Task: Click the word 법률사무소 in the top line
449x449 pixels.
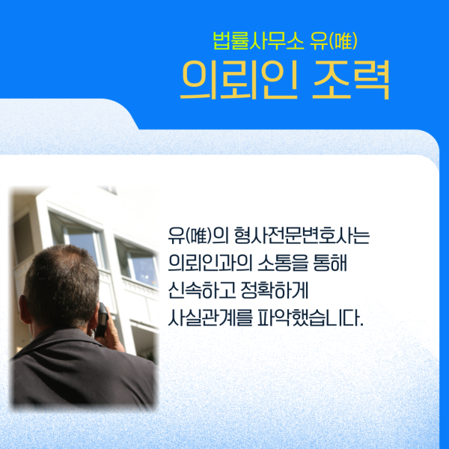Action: [258, 41]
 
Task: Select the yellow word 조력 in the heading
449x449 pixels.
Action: [351, 80]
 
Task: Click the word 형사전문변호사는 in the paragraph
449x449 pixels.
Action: [302, 236]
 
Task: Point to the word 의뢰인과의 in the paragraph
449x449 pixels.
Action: [210, 263]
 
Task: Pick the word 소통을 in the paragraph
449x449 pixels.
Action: [283, 263]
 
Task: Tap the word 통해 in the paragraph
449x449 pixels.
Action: [330, 263]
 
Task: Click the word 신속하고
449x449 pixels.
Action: [202, 290]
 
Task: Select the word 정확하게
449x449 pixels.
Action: [275, 290]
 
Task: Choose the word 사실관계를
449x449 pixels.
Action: [210, 318]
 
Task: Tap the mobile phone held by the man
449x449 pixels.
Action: [103, 320]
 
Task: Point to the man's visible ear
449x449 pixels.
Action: [25, 309]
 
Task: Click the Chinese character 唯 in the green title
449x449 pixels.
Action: [343, 41]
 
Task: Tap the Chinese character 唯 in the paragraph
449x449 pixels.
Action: [198, 236]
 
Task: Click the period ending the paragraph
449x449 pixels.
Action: [361, 325]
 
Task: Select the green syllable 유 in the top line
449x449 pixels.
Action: [319, 41]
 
